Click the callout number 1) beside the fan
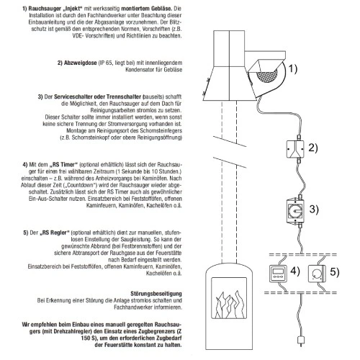coord(293,68)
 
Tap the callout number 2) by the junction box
coord(313,148)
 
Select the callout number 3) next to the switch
coord(314,209)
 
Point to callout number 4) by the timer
coord(295,271)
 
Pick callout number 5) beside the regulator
coord(335,272)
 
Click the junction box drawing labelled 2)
coord(295,149)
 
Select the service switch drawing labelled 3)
coord(295,211)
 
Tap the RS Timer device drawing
coord(278,274)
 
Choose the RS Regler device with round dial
coord(317,274)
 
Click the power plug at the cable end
coord(301,341)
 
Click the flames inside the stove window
coord(229,304)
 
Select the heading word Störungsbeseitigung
coord(156,294)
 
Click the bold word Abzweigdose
coord(80,63)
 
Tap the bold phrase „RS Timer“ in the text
coord(63,165)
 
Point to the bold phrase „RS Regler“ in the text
coord(55,233)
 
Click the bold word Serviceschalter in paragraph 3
coord(73,96)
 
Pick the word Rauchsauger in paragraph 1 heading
coord(45,9)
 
